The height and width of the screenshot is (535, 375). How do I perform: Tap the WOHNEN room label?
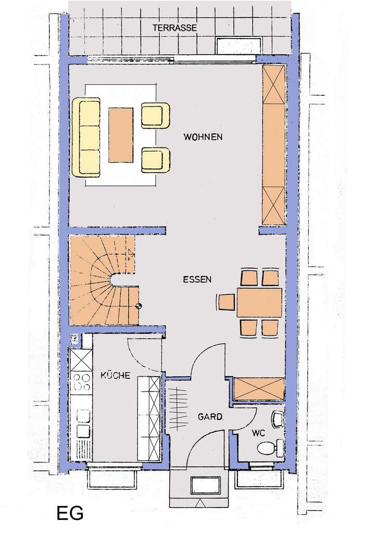(x=203, y=138)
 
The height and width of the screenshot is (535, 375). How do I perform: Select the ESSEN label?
(x=197, y=279)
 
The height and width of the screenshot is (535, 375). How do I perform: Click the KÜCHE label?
(x=116, y=375)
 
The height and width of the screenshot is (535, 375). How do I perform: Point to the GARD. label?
(x=210, y=417)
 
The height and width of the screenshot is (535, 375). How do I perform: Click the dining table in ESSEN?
(x=259, y=302)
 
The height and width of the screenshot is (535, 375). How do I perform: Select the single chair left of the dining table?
(x=226, y=302)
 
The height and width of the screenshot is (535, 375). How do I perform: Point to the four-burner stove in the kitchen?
(x=81, y=382)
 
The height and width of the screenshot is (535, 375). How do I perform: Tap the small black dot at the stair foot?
(x=139, y=306)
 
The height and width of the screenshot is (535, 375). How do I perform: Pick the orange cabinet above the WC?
(x=259, y=389)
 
